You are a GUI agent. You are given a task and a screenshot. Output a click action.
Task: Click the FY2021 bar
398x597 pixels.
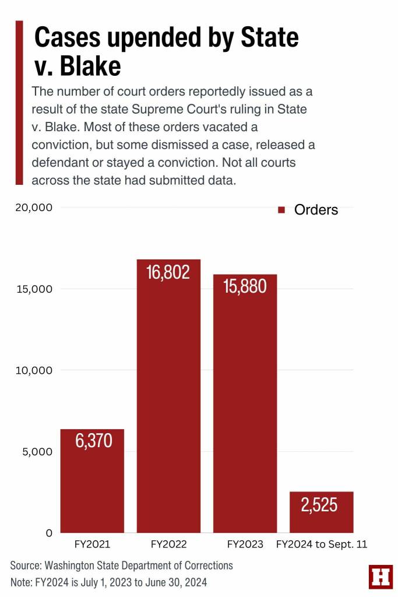click(x=92, y=481)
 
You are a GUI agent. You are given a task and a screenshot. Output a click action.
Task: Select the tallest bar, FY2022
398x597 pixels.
click(x=168, y=396)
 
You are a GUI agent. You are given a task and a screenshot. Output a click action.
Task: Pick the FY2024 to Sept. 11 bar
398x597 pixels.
click(x=321, y=512)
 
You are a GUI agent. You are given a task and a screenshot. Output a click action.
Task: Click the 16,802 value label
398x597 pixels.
click(x=168, y=272)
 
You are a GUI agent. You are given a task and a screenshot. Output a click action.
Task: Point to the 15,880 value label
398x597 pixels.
click(x=245, y=287)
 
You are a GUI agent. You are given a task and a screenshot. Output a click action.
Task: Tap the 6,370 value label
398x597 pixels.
click(x=93, y=441)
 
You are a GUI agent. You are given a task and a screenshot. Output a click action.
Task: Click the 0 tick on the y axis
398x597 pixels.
click(x=48, y=533)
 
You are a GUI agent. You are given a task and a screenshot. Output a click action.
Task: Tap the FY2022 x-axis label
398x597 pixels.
click(x=168, y=545)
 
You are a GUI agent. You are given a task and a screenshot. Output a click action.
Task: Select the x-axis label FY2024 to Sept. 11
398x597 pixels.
click(x=321, y=545)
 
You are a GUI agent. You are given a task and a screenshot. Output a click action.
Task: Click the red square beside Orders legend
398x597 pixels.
click(x=281, y=210)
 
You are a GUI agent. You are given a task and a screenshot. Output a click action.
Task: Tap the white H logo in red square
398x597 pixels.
click(x=381, y=577)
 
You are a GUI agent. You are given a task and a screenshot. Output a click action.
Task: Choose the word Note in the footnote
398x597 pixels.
click(x=21, y=582)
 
